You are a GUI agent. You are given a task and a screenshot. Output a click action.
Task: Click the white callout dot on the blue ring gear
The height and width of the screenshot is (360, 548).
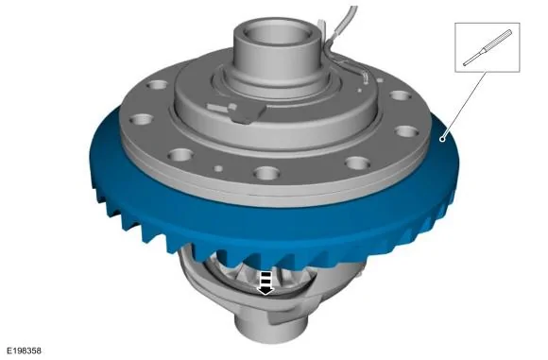[442, 139]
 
